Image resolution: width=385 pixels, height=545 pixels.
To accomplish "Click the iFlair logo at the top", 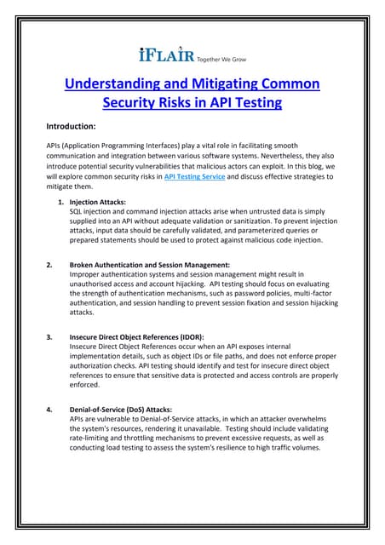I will pyautogui.click(x=167, y=55).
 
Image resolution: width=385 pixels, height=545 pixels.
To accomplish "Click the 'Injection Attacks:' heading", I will pyautogui.click(x=97, y=202).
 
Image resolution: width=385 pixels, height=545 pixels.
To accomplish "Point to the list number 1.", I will pyautogui.click(x=60, y=202).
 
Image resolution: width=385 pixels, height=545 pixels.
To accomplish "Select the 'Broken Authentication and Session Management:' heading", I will pyautogui.click(x=150, y=265).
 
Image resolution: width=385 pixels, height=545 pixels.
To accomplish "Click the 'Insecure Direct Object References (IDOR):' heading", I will pyautogui.click(x=136, y=336).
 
